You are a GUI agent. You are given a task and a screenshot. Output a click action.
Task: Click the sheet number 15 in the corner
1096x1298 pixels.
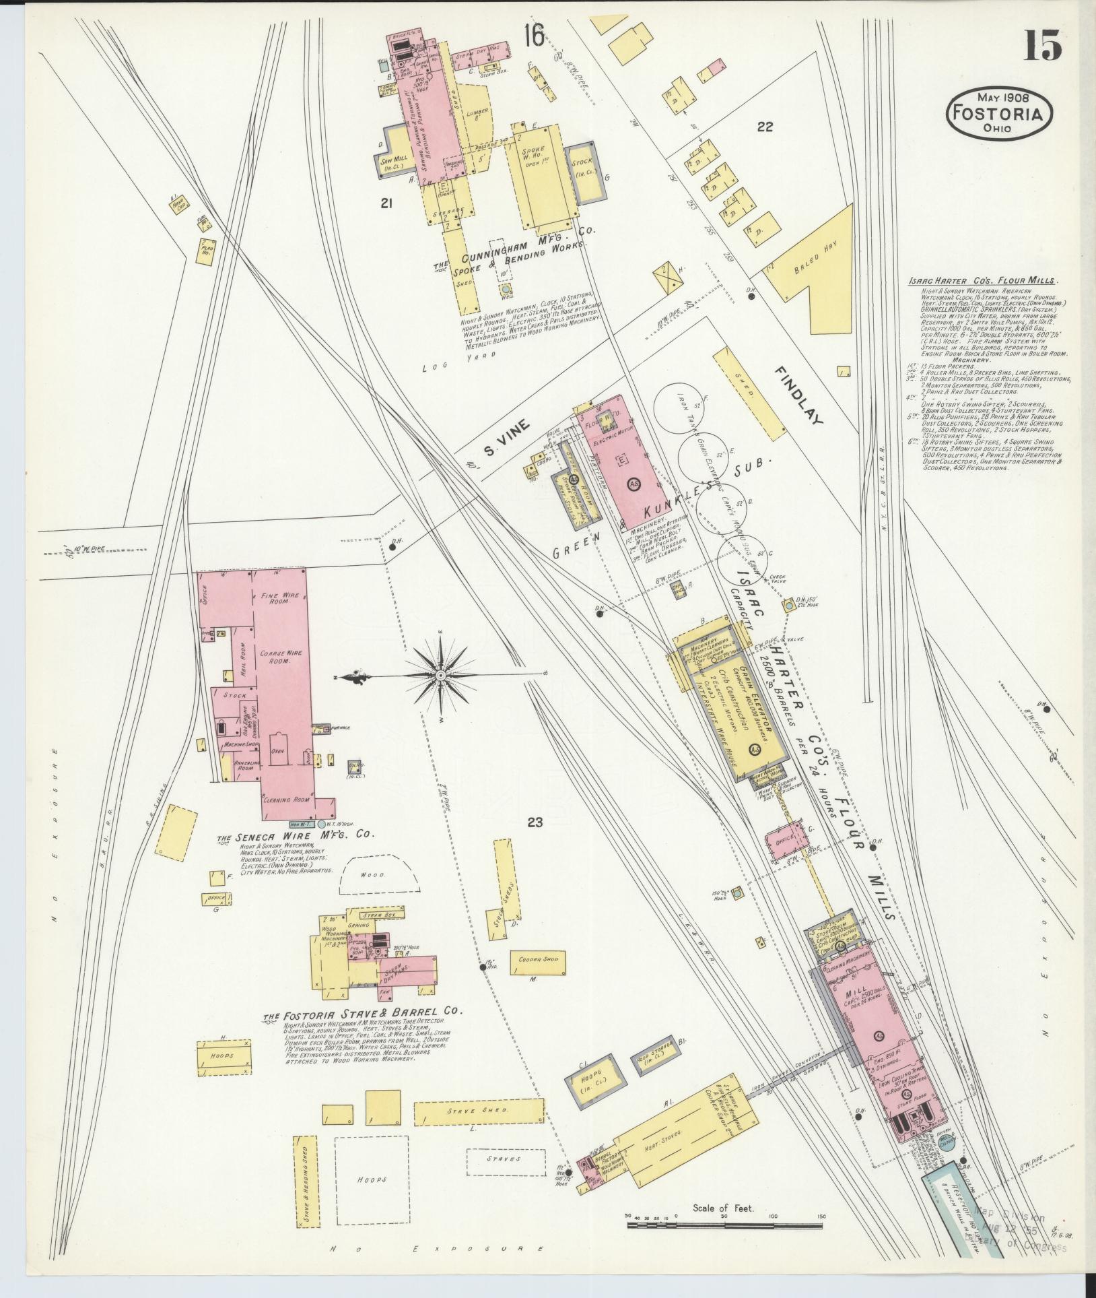tap(1043, 45)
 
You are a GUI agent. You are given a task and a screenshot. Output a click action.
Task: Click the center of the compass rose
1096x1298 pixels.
tap(440, 674)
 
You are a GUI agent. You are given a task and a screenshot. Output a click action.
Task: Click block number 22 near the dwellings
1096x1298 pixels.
tap(764, 127)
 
